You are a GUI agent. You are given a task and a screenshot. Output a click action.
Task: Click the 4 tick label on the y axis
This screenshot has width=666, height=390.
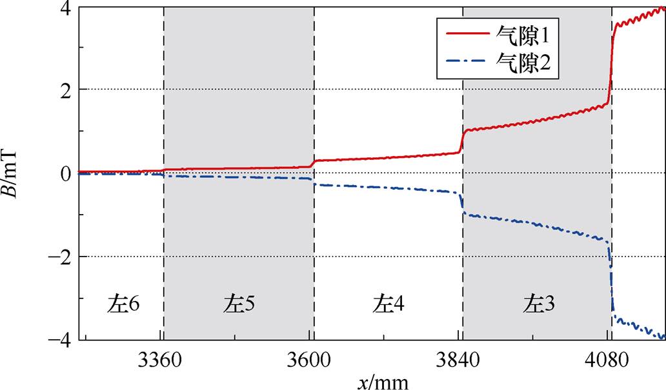(65, 8)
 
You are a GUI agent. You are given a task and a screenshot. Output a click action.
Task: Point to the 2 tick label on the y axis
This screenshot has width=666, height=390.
(65, 90)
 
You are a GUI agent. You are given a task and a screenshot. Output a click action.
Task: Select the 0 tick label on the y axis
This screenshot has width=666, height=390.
(65, 173)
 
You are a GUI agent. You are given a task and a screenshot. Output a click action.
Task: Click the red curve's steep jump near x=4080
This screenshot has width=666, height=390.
(611, 64)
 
